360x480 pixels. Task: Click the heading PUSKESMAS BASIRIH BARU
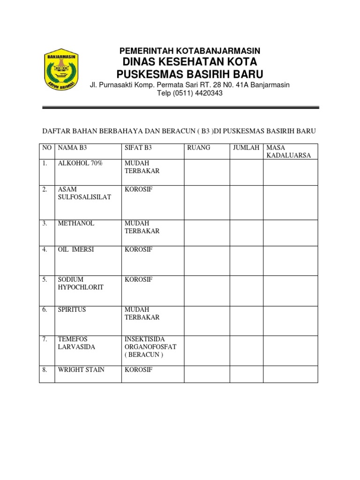pos(190,74)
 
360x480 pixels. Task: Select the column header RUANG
pos(199,148)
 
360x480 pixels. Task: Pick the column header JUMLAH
pos(246,148)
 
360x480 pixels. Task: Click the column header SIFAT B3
pos(138,148)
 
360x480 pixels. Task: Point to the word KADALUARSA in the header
pos(288,155)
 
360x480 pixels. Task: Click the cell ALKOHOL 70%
pos(80,164)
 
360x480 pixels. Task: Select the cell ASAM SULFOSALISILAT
pos(84,194)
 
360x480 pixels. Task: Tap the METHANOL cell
pos(76,224)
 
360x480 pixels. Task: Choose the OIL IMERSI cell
pos(76,250)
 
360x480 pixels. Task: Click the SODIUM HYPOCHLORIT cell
pos(81,283)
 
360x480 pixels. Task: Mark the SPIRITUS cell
pos(72,310)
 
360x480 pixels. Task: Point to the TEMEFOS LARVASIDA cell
pos(76,343)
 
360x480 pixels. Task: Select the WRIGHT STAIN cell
pos(81,370)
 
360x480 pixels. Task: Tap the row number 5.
pos(45,280)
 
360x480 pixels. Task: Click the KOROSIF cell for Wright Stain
pos(139,370)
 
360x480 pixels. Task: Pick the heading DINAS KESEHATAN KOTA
pos(190,62)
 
